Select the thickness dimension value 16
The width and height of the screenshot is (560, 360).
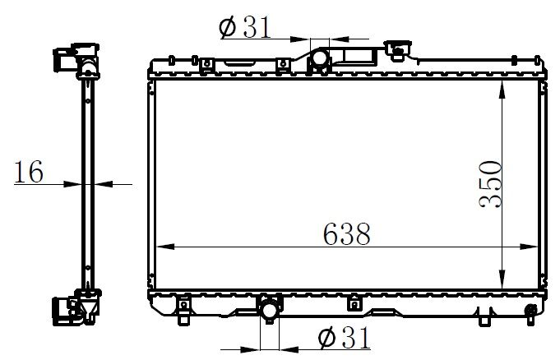tap(29, 172)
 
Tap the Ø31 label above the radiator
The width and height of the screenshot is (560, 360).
tap(246, 26)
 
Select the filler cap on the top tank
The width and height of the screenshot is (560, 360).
tap(399, 52)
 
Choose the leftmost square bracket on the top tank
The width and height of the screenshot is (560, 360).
tap(202, 61)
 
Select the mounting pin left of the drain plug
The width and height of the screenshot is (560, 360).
tap(490, 313)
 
